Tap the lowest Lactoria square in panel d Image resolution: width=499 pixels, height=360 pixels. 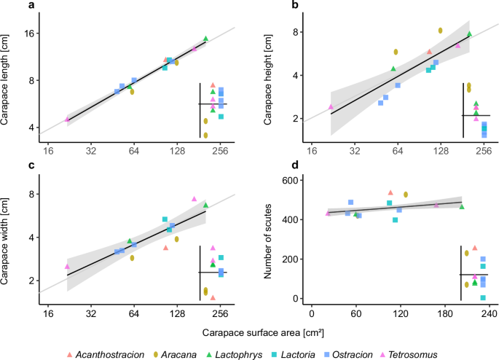click(483, 297)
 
